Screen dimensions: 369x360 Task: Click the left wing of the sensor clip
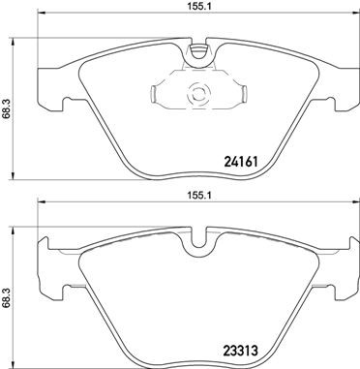[160, 95]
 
